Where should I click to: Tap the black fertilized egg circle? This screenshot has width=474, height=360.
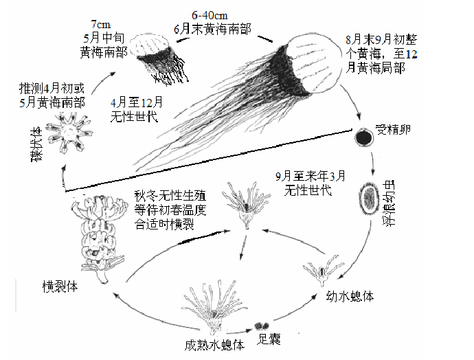(363, 137)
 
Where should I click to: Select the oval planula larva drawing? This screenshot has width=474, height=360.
(369, 197)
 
